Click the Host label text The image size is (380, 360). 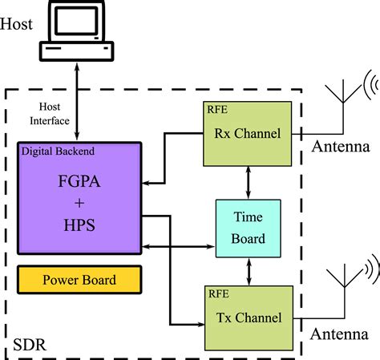coord(17,24)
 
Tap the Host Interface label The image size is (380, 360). coord(50,113)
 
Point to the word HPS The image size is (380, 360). coord(79,227)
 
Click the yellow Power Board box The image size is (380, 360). coord(79,280)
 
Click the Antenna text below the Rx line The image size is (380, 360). coord(342,147)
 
